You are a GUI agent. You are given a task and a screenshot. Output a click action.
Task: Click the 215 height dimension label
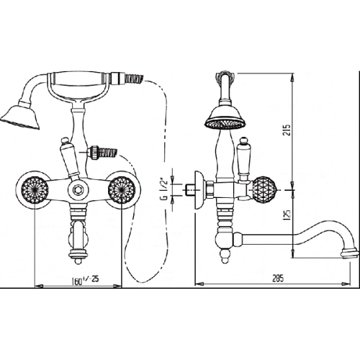(x=287, y=130)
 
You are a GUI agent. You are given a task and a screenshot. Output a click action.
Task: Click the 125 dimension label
(x=288, y=213)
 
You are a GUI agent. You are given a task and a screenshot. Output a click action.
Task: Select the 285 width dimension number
(x=278, y=278)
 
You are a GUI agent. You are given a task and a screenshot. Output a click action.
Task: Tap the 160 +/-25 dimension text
(x=85, y=279)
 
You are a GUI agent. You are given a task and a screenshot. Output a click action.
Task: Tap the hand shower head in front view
(x=20, y=116)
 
